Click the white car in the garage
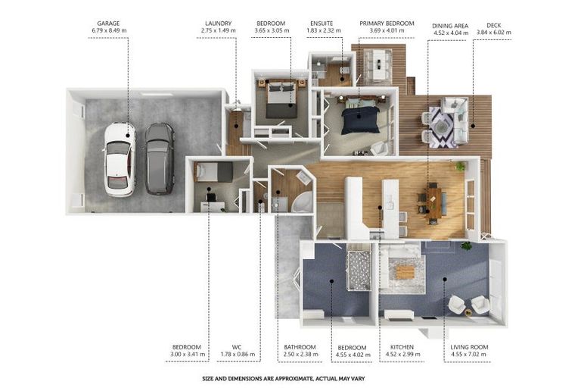(120, 160)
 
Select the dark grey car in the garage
(160, 159)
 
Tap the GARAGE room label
(108, 23)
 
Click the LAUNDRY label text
(218, 23)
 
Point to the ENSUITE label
(322, 23)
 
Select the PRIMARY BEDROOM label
(387, 23)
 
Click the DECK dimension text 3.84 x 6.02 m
(493, 33)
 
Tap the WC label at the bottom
(237, 347)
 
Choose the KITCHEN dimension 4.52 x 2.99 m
(402, 354)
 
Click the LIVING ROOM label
(469, 347)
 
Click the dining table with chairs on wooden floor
(433, 203)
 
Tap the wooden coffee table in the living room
(405, 273)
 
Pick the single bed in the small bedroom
(213, 172)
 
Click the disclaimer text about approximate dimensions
(284, 379)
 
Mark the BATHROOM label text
(300, 347)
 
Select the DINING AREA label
(450, 26)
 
